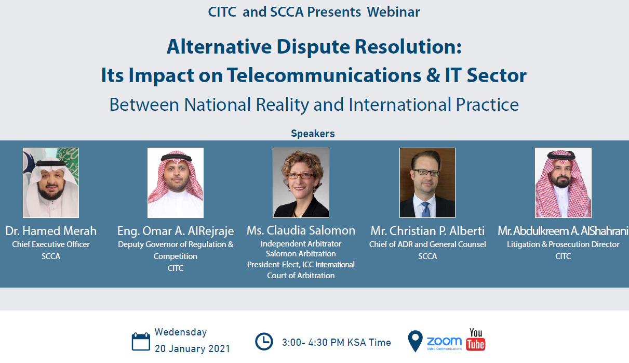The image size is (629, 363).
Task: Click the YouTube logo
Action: pyautogui.click(x=476, y=340)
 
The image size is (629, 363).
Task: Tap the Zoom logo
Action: pyautogui.click(x=444, y=343)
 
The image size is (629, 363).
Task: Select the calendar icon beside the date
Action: pyautogui.click(x=141, y=341)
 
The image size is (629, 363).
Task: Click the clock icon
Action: pyautogui.click(x=264, y=342)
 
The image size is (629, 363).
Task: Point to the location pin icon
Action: pyautogui.click(x=416, y=341)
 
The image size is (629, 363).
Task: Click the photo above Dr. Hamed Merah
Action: pyautogui.click(x=51, y=183)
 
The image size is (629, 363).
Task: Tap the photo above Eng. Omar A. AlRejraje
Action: pyautogui.click(x=176, y=183)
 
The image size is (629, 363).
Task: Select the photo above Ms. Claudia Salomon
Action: pyautogui.click(x=301, y=183)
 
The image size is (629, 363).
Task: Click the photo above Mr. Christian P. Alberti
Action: pyautogui.click(x=427, y=183)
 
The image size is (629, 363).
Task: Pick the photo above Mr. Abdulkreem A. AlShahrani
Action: pyautogui.click(x=563, y=183)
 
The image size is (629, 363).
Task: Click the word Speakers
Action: pyautogui.click(x=313, y=134)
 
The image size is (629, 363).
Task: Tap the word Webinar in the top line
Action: pyautogui.click(x=393, y=12)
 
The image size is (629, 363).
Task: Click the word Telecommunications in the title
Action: pyautogui.click(x=324, y=75)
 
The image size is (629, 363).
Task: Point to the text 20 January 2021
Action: pyautogui.click(x=192, y=348)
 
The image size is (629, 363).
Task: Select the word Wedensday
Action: pyautogui.click(x=181, y=332)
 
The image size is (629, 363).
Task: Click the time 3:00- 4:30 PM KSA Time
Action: pyautogui.click(x=337, y=343)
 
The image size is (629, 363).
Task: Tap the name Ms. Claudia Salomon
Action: pyautogui.click(x=301, y=230)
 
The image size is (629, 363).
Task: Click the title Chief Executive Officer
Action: pyautogui.click(x=51, y=244)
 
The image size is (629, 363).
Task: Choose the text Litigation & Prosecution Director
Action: pyautogui.click(x=563, y=244)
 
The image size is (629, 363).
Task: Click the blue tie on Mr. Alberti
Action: pyautogui.click(x=426, y=210)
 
